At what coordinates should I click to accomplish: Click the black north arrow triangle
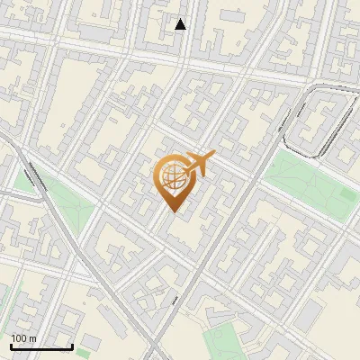click(x=181, y=24)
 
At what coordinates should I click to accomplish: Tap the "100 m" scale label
click(x=23, y=338)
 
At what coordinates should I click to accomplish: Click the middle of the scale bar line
click(x=41, y=346)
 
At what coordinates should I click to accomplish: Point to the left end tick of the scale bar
click(x=11, y=346)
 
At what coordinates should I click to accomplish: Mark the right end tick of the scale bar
click(x=72, y=346)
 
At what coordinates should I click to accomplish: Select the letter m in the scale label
click(x=32, y=338)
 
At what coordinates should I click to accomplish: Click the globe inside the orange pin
click(x=172, y=175)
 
